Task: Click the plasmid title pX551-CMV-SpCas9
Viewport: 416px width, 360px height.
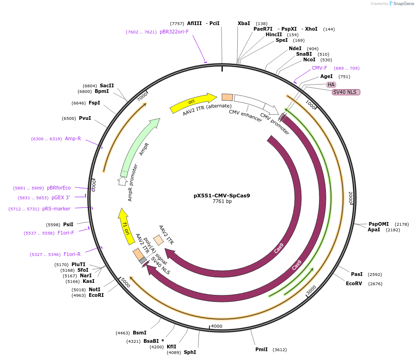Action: (x=221, y=196)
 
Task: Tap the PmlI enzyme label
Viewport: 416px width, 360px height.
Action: (x=261, y=349)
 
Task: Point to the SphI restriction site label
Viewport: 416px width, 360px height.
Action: (x=190, y=352)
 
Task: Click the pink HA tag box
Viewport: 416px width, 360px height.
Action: (x=331, y=85)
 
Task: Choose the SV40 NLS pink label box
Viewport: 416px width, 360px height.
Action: (x=346, y=92)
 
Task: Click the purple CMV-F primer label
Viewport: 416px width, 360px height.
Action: (x=319, y=68)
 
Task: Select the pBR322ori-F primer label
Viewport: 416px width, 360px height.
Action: (x=174, y=32)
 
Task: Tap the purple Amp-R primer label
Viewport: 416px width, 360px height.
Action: (x=73, y=138)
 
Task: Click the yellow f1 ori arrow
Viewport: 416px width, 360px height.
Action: (x=125, y=226)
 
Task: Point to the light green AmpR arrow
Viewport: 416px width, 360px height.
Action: (x=139, y=147)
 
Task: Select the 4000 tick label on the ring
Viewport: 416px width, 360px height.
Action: (x=217, y=326)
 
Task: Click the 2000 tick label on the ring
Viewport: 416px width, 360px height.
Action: (x=351, y=197)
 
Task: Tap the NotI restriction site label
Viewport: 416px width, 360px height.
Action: (x=94, y=289)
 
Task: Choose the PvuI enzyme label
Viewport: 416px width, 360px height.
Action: (x=85, y=118)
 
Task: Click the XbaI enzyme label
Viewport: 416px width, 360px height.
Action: (x=244, y=23)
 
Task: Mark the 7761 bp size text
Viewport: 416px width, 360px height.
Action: (x=222, y=202)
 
